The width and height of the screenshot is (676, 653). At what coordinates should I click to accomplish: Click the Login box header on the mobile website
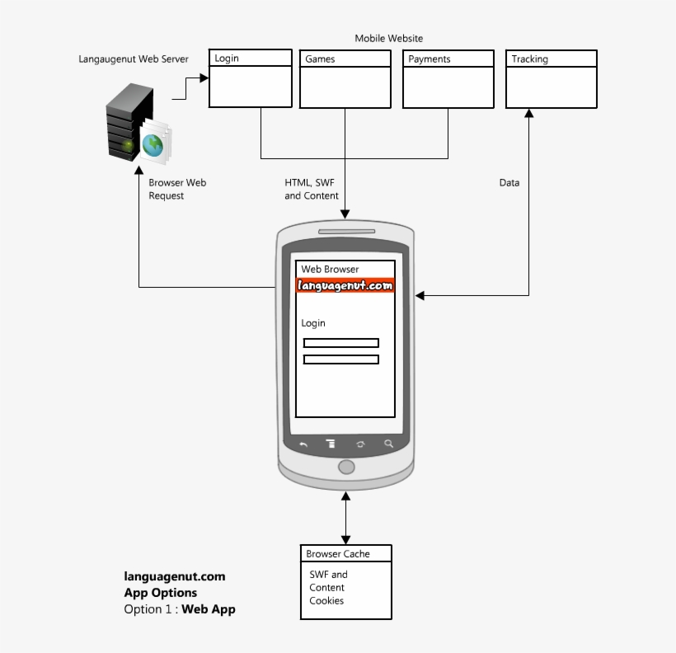pyautogui.click(x=250, y=59)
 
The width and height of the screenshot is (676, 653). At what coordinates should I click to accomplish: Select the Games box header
pyautogui.click(x=345, y=59)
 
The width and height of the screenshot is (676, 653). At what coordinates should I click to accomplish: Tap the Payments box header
pyautogui.click(x=448, y=59)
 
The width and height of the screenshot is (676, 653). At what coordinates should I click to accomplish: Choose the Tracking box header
pyautogui.click(x=551, y=59)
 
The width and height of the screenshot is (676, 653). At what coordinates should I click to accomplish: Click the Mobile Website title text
pyautogui.click(x=388, y=39)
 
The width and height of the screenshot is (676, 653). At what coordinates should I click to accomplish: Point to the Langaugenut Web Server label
pyautogui.click(x=134, y=59)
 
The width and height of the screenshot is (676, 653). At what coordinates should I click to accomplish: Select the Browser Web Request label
pyautogui.click(x=177, y=190)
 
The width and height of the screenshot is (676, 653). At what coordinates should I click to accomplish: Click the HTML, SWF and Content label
pyautogui.click(x=312, y=190)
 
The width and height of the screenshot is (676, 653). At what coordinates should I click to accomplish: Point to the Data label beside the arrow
pyautogui.click(x=509, y=183)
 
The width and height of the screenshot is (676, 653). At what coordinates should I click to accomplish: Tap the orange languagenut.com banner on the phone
pyautogui.click(x=345, y=285)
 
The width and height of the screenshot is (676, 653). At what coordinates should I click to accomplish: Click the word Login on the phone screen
pyautogui.click(x=313, y=323)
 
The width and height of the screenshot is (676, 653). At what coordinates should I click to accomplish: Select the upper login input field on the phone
pyautogui.click(x=340, y=343)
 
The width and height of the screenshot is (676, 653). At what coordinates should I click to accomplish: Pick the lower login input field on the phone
pyautogui.click(x=340, y=359)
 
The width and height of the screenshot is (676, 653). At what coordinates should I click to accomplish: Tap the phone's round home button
pyautogui.click(x=346, y=467)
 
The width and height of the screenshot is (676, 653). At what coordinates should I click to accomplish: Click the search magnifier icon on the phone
pyautogui.click(x=389, y=444)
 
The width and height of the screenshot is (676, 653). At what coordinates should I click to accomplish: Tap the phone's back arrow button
pyautogui.click(x=303, y=444)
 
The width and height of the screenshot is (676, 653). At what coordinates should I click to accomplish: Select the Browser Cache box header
pyautogui.click(x=345, y=554)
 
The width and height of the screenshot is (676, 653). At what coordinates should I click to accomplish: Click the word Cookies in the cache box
pyautogui.click(x=326, y=601)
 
